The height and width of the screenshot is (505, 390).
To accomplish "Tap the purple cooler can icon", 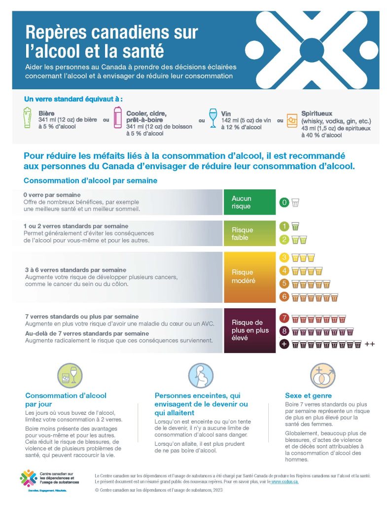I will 117,119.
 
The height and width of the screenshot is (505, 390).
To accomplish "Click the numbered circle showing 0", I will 284,202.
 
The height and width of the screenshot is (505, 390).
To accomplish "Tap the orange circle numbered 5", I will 284,284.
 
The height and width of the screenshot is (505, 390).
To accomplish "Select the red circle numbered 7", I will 284,318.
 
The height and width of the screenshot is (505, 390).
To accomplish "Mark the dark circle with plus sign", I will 284,344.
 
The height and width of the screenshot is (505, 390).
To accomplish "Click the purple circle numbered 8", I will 284,331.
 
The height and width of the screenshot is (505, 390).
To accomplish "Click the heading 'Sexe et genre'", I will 308,396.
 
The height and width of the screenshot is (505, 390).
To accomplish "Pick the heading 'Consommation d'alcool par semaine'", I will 90,180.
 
